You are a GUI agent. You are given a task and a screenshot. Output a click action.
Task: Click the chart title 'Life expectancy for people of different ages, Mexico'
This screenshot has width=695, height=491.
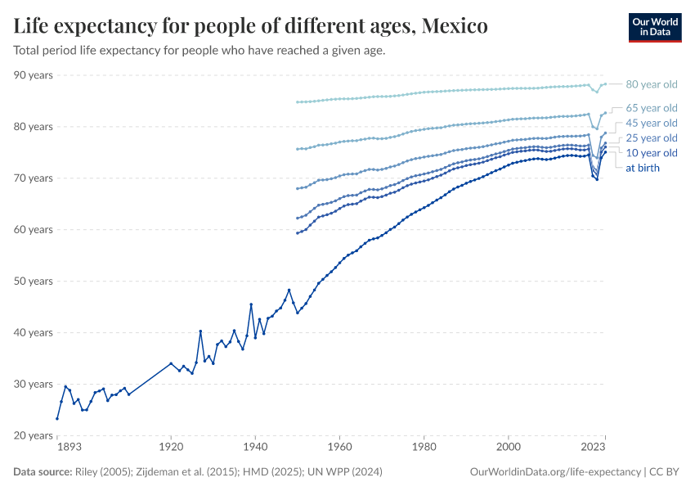[x=251, y=26]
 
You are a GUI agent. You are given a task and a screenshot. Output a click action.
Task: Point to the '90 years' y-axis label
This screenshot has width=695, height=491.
[x=34, y=75]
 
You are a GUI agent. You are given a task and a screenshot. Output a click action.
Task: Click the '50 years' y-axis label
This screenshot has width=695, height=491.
[x=34, y=282]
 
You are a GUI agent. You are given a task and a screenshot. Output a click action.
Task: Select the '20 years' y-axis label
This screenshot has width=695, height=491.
[x=34, y=435]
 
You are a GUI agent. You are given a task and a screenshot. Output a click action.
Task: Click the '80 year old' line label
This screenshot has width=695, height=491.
[x=651, y=84]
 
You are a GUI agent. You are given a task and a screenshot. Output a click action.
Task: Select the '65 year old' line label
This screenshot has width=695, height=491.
[x=651, y=108]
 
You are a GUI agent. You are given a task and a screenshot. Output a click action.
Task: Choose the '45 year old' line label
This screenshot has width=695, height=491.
[x=651, y=123]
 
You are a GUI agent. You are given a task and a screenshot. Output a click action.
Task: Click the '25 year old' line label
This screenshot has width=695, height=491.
[x=651, y=137]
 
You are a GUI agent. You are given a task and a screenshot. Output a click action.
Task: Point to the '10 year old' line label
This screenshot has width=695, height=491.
[x=651, y=153]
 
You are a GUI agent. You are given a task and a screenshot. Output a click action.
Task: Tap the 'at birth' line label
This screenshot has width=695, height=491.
[x=642, y=168]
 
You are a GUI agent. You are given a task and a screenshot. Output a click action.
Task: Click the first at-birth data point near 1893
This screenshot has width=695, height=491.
[x=57, y=419]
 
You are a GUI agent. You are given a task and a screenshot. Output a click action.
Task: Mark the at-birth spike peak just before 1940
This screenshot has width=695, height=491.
[x=251, y=304]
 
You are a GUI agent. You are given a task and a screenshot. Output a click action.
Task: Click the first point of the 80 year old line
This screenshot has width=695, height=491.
[x=297, y=102]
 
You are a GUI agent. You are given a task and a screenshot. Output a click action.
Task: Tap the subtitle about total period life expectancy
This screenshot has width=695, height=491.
[x=200, y=50]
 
